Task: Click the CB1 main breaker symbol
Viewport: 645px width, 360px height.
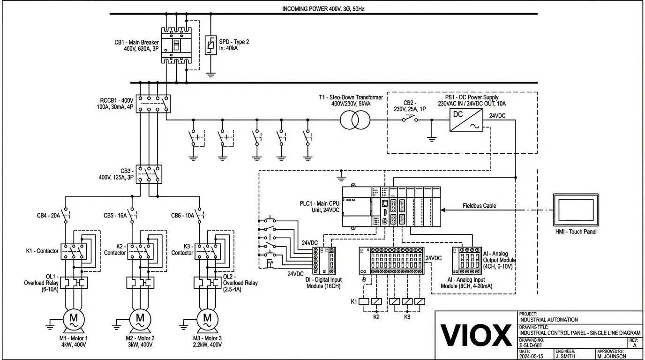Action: [176, 45]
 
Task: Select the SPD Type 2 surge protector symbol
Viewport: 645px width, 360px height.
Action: [210, 45]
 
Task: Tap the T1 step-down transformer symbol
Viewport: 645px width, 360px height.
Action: [355, 120]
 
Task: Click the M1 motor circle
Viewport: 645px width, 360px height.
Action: [74, 320]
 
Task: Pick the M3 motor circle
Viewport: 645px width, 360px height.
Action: [207, 320]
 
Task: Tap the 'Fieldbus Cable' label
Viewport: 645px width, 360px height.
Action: [479, 206]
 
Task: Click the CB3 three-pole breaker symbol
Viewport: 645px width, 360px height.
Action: [149, 174]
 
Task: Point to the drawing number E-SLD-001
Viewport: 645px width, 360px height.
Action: [532, 345]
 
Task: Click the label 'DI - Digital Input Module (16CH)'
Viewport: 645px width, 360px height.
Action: [323, 283]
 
